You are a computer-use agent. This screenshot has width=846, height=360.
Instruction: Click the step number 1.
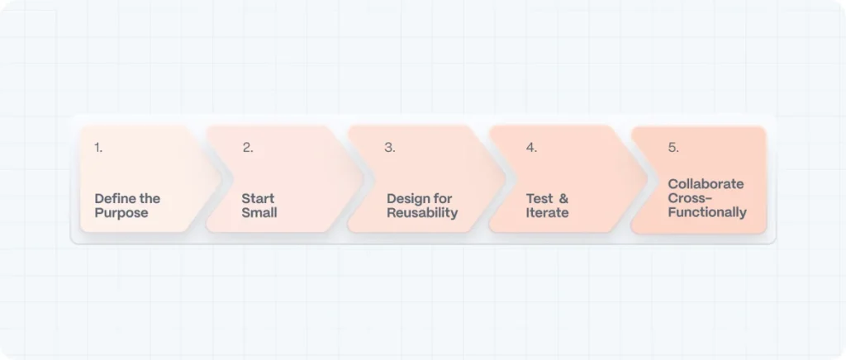(x=98, y=148)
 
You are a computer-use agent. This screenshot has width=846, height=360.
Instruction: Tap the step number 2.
(x=247, y=148)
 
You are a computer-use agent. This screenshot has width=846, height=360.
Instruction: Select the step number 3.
(x=389, y=148)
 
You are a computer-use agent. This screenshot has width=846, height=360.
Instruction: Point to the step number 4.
(x=531, y=148)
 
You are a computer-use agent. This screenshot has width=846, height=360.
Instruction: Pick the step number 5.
(x=673, y=148)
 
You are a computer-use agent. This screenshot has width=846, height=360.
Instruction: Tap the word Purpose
(x=121, y=213)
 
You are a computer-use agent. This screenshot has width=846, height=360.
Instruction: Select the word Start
(x=258, y=198)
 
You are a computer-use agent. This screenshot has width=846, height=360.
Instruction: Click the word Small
(x=259, y=213)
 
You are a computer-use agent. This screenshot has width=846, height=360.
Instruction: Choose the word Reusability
(x=422, y=213)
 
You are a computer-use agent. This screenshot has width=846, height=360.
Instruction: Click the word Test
(x=539, y=198)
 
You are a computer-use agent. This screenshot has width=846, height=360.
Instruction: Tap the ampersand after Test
(x=564, y=198)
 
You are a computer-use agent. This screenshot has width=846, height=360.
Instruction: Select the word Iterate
(x=547, y=213)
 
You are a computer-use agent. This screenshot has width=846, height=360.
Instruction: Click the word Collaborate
(x=706, y=183)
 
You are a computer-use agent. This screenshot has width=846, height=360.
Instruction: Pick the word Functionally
(x=707, y=212)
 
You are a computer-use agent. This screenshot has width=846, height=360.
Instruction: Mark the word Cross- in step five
(x=690, y=198)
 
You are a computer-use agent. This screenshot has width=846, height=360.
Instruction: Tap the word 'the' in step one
(x=150, y=198)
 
